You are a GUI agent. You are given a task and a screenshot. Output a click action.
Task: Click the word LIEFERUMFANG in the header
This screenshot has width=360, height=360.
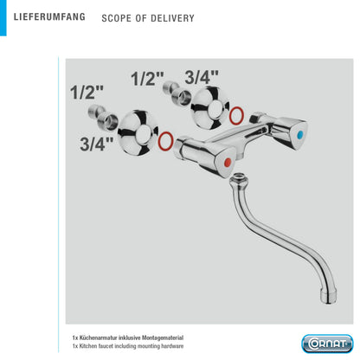point(49,16)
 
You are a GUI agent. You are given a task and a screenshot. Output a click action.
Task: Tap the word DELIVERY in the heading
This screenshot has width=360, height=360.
point(172,18)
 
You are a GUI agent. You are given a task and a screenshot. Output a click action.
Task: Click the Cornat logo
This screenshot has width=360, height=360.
point(327,344)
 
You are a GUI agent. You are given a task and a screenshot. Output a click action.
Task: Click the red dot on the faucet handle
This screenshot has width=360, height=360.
point(228,163)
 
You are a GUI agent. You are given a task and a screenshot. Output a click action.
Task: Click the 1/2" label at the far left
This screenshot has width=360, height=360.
point(87,93)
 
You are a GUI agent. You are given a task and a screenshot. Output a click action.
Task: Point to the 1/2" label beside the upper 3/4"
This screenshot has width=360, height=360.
point(147,78)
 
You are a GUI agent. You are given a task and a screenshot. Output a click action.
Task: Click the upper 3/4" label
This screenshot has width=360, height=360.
point(202,77)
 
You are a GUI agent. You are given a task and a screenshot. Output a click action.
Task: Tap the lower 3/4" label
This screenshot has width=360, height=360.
point(97,144)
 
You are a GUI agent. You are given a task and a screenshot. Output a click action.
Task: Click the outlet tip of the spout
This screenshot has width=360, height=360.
point(328,297)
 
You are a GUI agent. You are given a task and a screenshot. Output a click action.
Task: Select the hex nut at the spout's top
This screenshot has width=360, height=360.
point(239,177)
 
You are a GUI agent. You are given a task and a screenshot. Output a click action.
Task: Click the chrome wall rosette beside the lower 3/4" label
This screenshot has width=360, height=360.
point(138,132)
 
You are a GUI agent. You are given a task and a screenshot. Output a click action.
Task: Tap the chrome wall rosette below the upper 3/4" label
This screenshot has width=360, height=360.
point(210,107)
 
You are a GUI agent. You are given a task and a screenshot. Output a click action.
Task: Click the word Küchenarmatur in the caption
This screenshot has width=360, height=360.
point(99,337)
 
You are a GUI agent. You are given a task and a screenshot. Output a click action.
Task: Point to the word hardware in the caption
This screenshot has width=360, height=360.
point(172,346)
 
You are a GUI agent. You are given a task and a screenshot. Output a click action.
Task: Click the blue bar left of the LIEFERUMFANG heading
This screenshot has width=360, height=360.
point(3,18)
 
